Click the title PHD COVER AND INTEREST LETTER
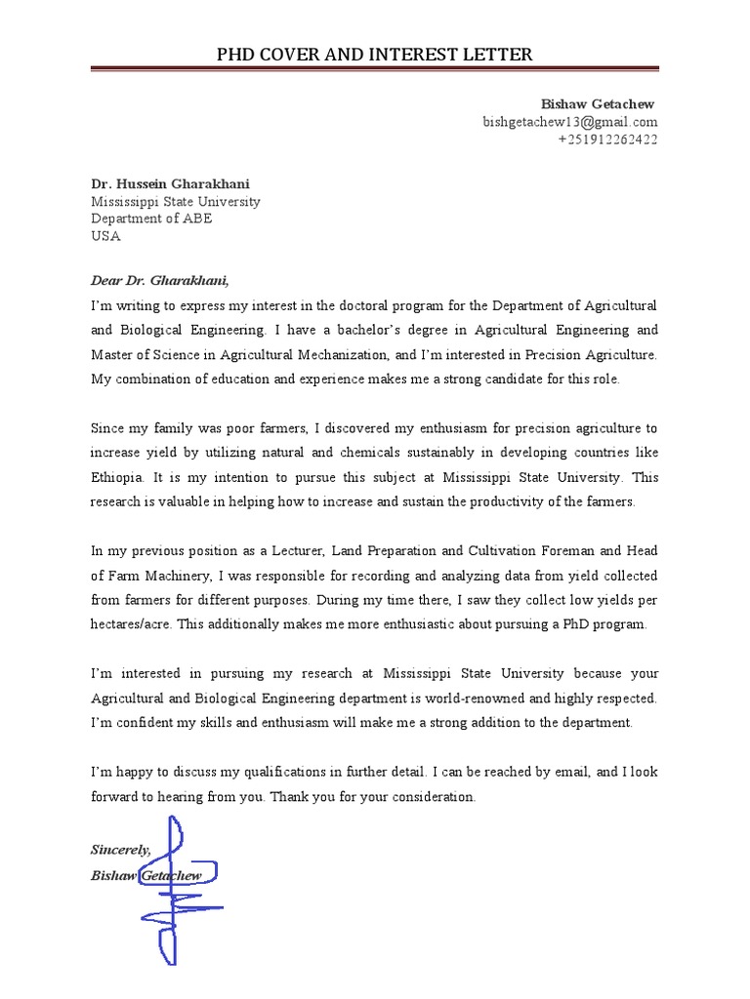(375, 54)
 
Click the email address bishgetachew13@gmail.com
(570, 122)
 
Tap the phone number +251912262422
(607, 140)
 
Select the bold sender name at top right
(599, 104)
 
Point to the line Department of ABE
(151, 219)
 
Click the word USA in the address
(106, 236)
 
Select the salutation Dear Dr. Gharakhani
(159, 281)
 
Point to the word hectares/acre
(133, 624)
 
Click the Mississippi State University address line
(176, 201)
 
